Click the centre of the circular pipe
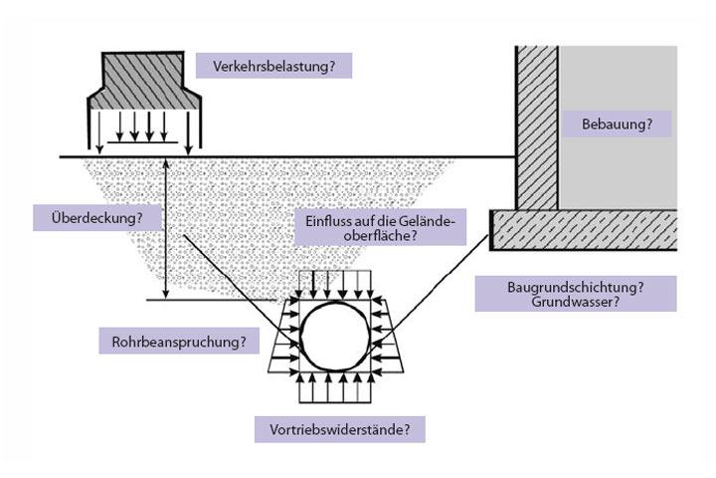pyautogui.click(x=339, y=336)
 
